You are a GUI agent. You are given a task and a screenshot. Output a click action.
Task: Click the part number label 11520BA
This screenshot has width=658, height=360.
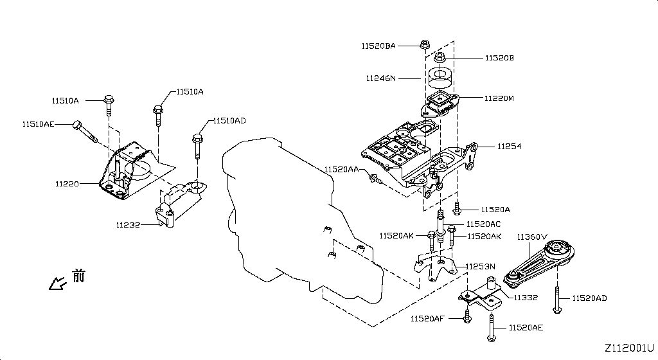(x=378, y=46)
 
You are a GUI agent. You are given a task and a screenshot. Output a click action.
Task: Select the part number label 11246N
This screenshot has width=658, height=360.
(x=381, y=78)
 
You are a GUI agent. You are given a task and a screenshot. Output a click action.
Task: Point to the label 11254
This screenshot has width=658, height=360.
(x=509, y=147)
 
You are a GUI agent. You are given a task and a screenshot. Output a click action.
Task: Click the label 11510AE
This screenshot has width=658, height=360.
(x=39, y=123)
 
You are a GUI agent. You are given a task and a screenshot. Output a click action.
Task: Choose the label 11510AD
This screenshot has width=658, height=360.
(x=229, y=121)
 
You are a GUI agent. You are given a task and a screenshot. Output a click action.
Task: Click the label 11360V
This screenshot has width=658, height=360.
(x=532, y=237)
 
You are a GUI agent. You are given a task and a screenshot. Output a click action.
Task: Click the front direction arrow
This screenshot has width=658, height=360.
(x=58, y=282)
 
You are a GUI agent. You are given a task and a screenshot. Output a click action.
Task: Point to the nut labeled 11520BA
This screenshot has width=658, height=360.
(x=424, y=44)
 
